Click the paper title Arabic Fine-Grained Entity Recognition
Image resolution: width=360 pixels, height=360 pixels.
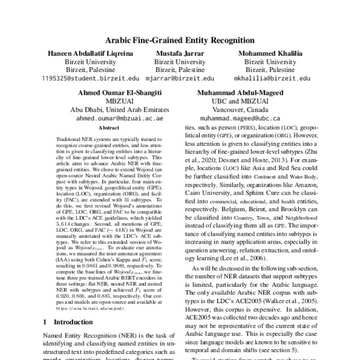179,41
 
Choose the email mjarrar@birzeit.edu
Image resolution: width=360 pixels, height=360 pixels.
179,78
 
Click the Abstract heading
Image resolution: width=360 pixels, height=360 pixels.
109,128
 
